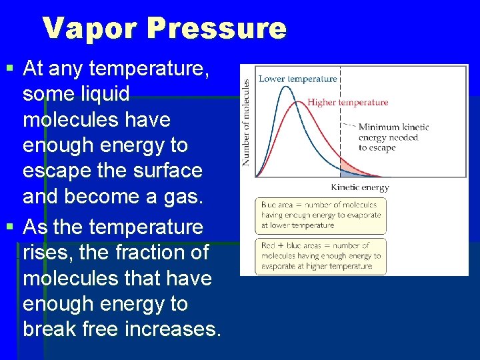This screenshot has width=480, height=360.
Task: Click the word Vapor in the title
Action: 90,29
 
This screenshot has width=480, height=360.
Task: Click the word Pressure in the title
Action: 217,29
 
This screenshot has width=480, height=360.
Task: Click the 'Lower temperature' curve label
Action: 297,79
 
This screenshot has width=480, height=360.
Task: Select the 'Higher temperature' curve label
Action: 347,103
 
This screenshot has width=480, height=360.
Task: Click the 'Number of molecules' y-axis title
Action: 246,122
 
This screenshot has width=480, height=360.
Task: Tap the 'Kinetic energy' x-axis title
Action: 359,187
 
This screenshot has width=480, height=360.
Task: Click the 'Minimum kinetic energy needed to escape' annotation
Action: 393,137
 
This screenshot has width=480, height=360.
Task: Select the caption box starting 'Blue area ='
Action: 321,215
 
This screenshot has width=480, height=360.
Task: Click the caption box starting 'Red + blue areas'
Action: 321,255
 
